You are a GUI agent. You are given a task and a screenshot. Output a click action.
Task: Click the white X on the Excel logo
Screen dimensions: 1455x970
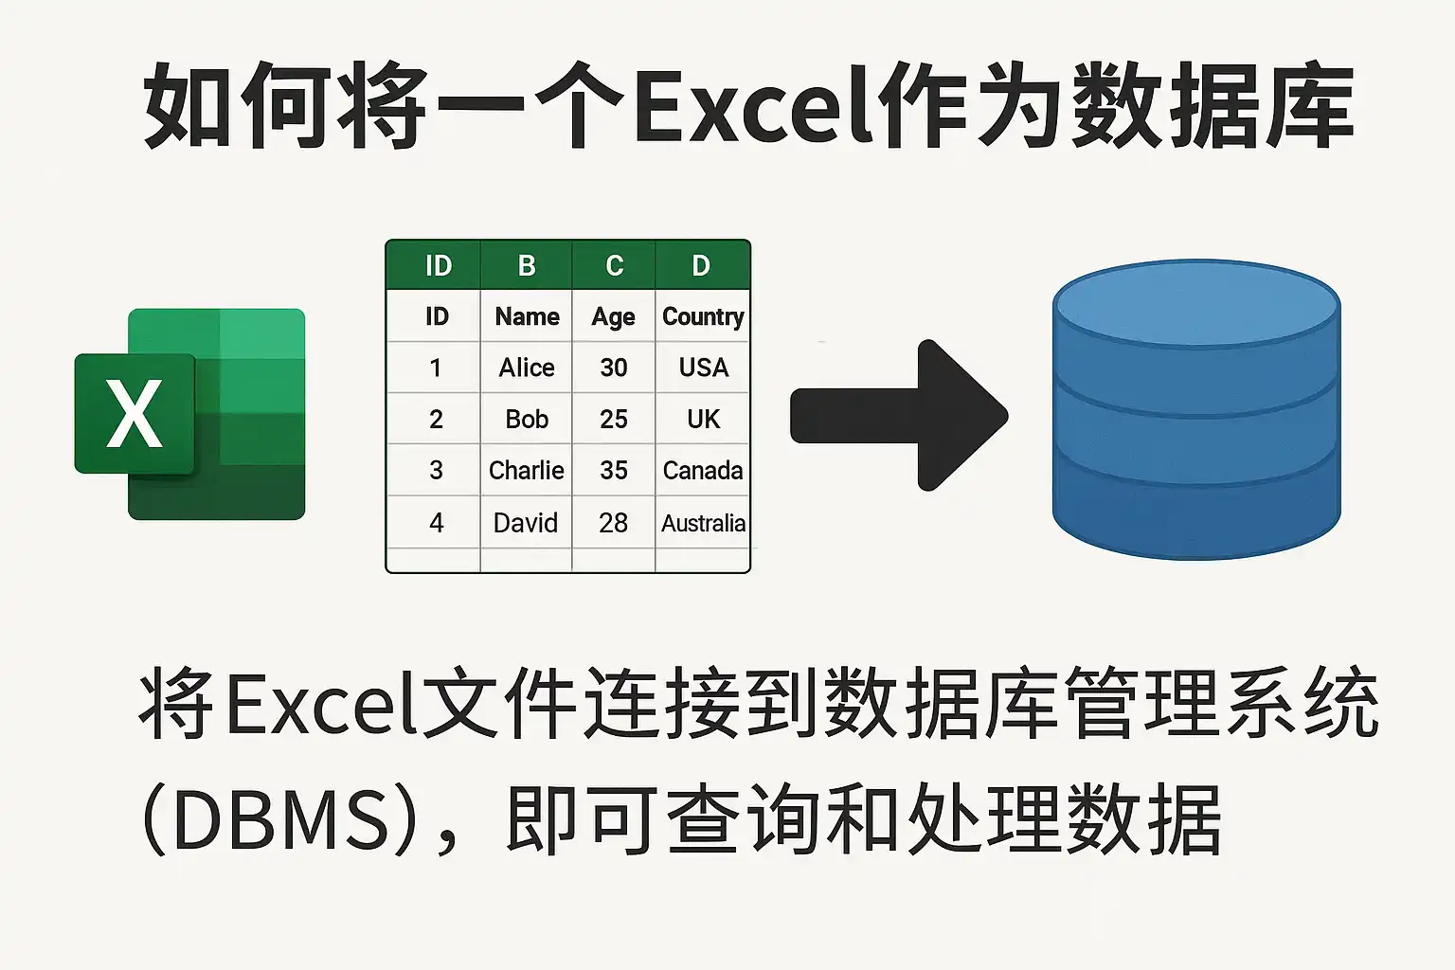pyautogui.click(x=135, y=413)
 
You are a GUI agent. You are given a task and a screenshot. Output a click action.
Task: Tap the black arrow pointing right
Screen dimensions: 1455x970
pyautogui.click(x=899, y=415)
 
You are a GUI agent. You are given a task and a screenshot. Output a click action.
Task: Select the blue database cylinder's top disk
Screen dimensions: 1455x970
pyautogui.click(x=1196, y=303)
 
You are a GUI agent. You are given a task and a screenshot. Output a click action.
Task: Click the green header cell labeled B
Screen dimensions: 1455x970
pyautogui.click(x=526, y=265)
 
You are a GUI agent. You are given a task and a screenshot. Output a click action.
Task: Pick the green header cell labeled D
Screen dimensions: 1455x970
pyautogui.click(x=702, y=265)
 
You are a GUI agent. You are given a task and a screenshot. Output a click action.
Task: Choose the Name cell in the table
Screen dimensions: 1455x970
pyautogui.click(x=526, y=316)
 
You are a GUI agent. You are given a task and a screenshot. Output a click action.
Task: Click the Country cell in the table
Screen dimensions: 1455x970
pyautogui.click(x=703, y=316)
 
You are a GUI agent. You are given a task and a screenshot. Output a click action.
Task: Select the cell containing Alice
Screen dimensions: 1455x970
pyautogui.click(x=526, y=368)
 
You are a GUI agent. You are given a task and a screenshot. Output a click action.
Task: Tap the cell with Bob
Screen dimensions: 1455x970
pyautogui.click(x=526, y=419)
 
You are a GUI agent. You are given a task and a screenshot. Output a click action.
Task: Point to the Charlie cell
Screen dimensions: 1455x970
pyautogui.click(x=526, y=471)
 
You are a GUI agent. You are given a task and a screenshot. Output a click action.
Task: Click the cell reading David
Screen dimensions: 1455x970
pyautogui.click(x=526, y=523)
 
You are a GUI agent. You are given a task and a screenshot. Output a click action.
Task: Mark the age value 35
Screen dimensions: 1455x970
pyautogui.click(x=614, y=471)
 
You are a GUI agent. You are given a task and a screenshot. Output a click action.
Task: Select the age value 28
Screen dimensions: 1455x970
pyautogui.click(x=614, y=523)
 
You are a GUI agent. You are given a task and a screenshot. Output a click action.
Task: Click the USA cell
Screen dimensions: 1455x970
pyautogui.click(x=704, y=368)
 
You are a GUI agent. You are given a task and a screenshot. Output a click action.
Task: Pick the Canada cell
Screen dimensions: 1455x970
pyautogui.click(x=703, y=471)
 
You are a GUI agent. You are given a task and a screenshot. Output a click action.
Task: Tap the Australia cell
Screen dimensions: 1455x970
pyautogui.click(x=703, y=523)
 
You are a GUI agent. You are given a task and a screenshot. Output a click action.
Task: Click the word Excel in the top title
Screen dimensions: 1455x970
pyautogui.click(x=753, y=105)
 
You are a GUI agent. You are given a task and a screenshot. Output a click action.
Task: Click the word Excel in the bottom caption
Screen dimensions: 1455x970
pyautogui.click(x=320, y=703)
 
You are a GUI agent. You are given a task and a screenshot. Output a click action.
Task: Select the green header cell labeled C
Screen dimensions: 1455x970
pyautogui.click(x=614, y=265)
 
